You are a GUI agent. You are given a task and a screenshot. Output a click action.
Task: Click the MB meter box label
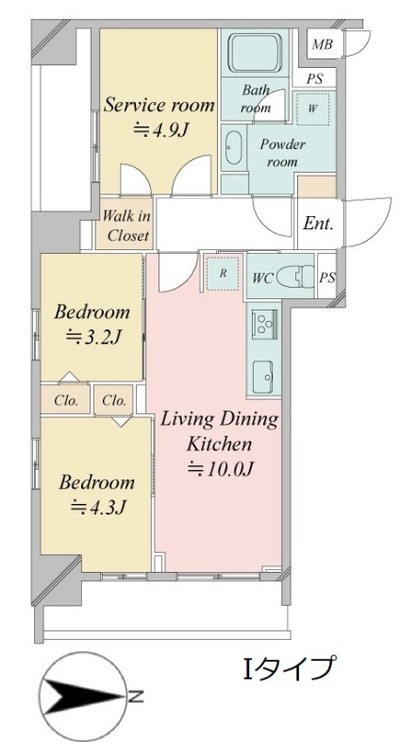[322, 44]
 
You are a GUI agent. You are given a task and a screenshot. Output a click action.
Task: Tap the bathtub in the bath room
[254, 53]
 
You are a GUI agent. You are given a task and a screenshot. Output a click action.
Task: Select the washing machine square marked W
[312, 108]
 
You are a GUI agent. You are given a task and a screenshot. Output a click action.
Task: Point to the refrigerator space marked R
[223, 273]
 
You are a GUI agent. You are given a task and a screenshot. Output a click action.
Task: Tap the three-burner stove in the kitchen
[264, 322]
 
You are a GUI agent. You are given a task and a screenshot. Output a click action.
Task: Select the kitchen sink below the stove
[264, 377]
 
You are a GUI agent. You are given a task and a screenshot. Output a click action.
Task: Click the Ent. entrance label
[318, 224]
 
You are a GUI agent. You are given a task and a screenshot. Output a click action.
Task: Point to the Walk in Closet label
[126, 226]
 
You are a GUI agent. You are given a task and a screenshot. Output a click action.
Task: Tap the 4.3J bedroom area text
[98, 506]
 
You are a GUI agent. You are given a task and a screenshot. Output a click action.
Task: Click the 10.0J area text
[220, 468]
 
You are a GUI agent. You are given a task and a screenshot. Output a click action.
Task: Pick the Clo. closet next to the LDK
[114, 400]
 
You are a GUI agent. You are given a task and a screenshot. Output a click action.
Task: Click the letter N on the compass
[136, 696]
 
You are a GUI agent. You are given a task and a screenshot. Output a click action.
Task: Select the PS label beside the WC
[327, 277]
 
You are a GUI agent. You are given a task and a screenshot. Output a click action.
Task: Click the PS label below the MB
[314, 79]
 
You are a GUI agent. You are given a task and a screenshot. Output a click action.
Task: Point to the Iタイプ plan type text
[288, 667]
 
